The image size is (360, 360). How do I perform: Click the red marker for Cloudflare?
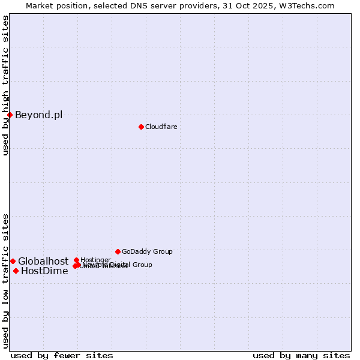coord(141,127)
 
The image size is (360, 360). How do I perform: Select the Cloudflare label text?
coord(161,127)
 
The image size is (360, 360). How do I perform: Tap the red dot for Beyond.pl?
coord(10,115)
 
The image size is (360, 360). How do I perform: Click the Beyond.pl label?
coord(38,115)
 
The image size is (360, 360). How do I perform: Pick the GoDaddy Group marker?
coord(118,251)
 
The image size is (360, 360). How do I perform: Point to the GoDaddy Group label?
coord(147,252)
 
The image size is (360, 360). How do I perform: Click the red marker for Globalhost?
coord(13,261)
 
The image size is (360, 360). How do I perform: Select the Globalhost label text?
coord(43,262)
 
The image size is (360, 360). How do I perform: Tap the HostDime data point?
coord(16,271)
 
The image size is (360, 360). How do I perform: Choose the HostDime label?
coord(44,271)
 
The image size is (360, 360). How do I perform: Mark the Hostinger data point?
coord(76,260)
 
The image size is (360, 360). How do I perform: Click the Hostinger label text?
coord(95,260)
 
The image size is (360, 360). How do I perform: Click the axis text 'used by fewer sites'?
coord(62,355)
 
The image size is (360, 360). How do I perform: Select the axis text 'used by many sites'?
coord(301,355)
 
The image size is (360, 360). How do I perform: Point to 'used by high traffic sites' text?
coord(5,85)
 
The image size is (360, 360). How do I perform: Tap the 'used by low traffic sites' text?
coord(5,280)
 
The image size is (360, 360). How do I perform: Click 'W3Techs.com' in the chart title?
coord(309,5)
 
